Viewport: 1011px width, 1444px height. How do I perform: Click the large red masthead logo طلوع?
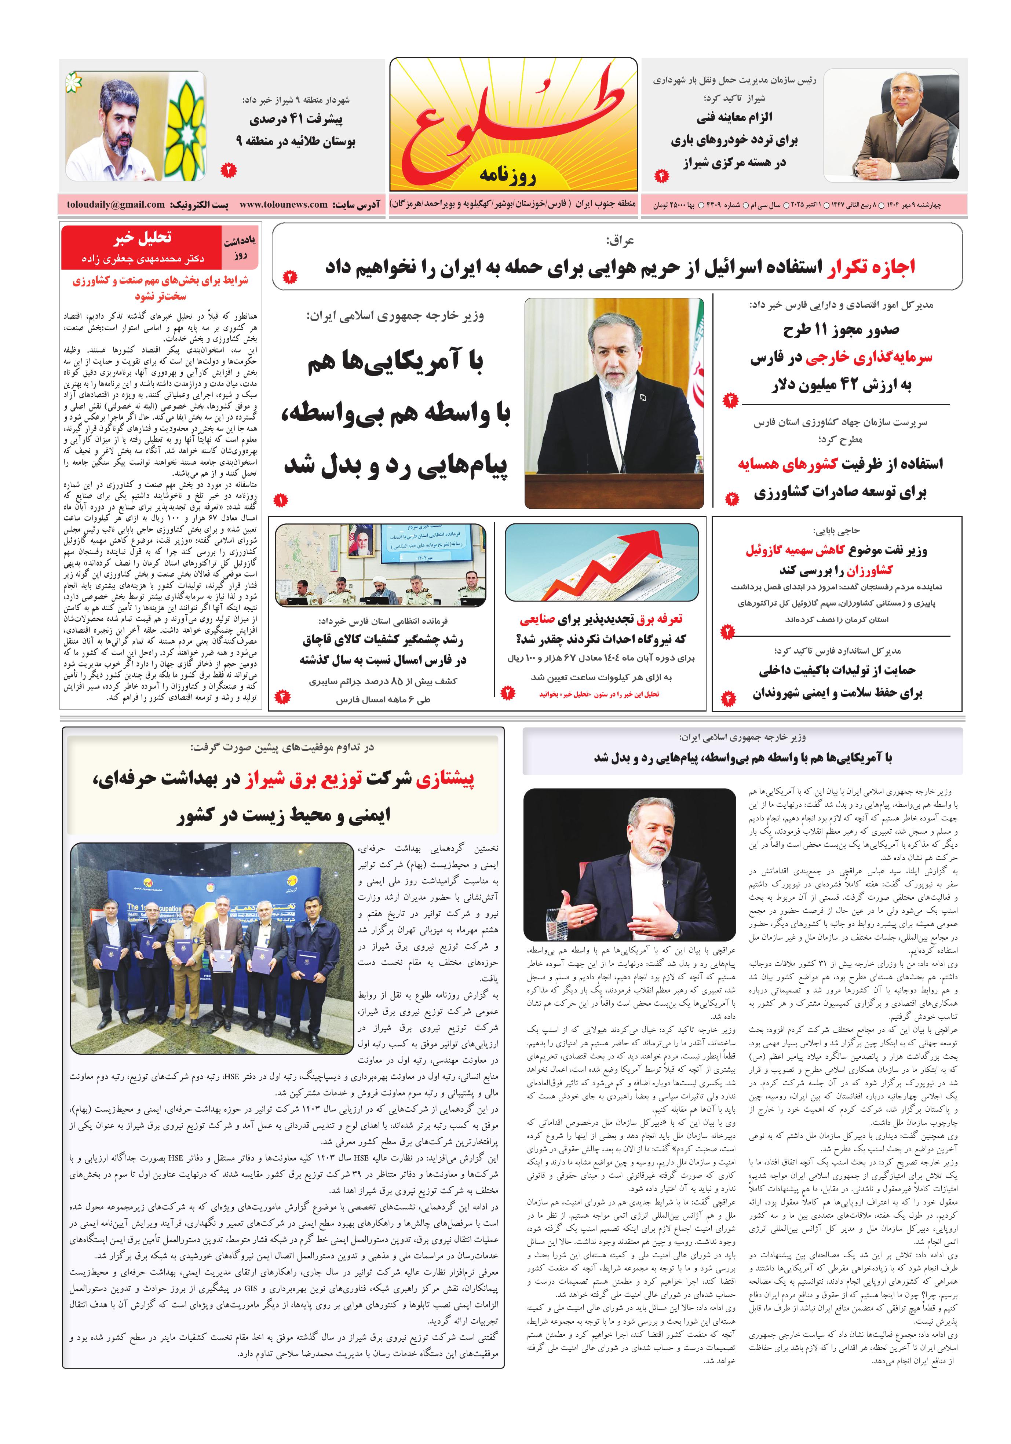(513, 120)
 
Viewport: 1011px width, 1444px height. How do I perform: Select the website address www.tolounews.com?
(283, 204)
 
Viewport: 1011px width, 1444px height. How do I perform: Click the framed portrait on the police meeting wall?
(361, 541)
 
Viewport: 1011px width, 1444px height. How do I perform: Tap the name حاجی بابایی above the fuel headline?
(836, 531)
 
